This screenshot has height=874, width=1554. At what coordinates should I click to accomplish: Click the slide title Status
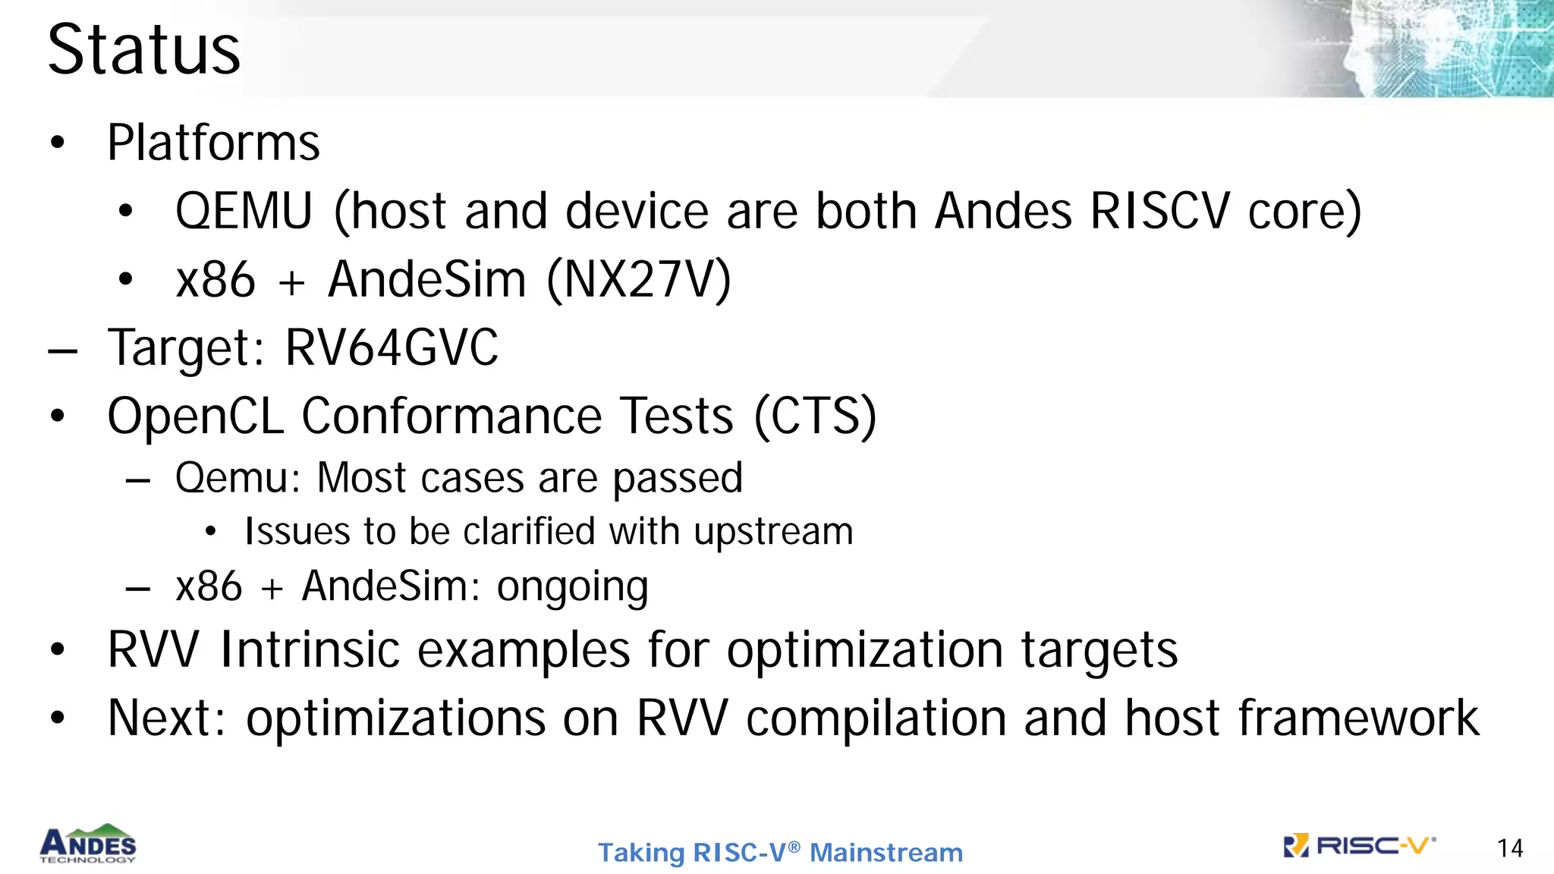pos(144,49)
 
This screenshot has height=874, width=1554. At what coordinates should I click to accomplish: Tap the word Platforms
pos(213,143)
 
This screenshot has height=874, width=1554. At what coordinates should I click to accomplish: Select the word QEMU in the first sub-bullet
pos(244,211)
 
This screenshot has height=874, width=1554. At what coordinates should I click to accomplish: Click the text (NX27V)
pos(638,280)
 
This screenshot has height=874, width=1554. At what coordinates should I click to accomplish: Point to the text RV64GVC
pos(392,347)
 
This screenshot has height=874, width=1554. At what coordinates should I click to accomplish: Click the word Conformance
pos(451,416)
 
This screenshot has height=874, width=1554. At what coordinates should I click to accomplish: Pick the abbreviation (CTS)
pos(815,416)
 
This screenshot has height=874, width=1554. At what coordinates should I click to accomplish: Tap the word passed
pos(677,479)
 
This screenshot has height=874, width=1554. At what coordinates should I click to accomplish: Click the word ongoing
pos(572,587)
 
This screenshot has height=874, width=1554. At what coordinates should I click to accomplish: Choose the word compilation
pos(876,718)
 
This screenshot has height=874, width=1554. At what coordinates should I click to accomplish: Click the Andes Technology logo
pos(88,844)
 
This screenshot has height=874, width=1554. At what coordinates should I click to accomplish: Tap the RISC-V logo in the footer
pos(1359,846)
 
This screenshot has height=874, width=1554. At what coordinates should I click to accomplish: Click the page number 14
pos(1509,848)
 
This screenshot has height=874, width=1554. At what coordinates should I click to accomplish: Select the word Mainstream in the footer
pos(886,853)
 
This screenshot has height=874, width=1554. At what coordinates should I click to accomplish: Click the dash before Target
pos(62,351)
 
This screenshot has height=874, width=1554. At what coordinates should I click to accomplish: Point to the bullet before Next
pos(58,718)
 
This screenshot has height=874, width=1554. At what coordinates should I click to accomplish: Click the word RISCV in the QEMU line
pos(1159,211)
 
